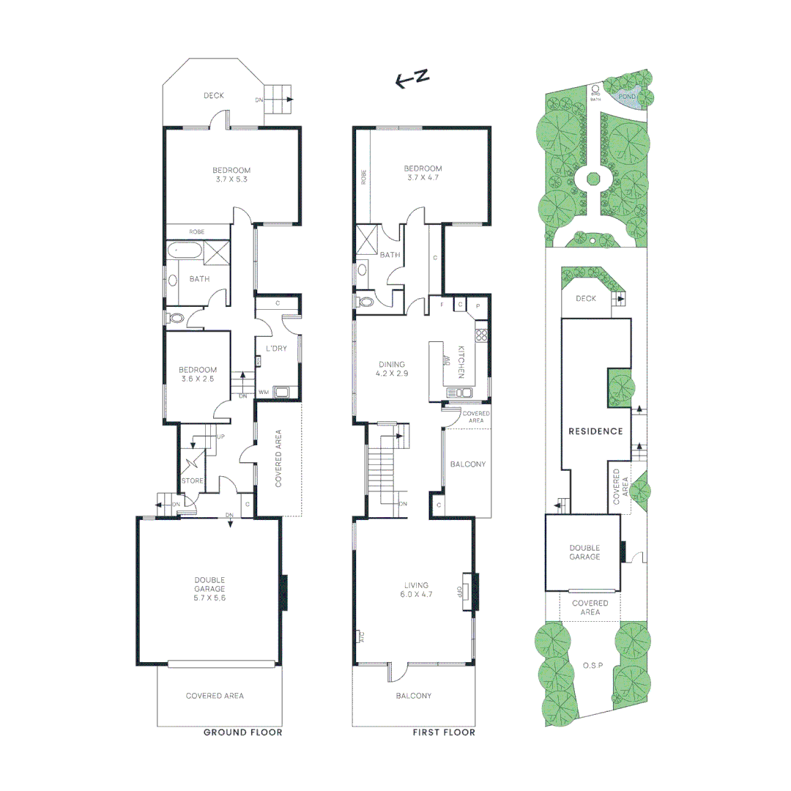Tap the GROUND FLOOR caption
pyautogui.click(x=242, y=732)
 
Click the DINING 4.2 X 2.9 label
pyautogui.click(x=392, y=368)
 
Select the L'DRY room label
pyautogui.click(x=276, y=348)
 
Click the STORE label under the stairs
pyautogui.click(x=192, y=481)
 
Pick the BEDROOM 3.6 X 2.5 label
pyautogui.click(x=198, y=374)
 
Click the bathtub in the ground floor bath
pyautogui.click(x=184, y=251)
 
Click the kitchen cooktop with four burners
pyautogui.click(x=482, y=336)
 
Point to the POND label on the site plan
pyautogui.click(x=627, y=96)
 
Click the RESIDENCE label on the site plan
pyautogui.click(x=595, y=431)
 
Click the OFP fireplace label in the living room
pyautogui.click(x=460, y=590)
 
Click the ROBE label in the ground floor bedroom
pyautogui.click(x=197, y=231)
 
